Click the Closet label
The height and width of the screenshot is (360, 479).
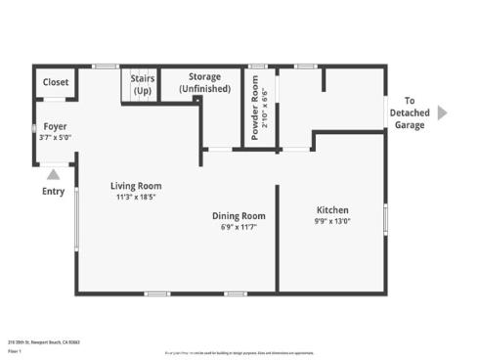(x=56, y=83)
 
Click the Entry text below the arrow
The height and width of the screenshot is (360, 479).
(x=53, y=192)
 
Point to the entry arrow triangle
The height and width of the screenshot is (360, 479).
(x=53, y=174)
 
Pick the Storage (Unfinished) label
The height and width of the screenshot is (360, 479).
(x=204, y=83)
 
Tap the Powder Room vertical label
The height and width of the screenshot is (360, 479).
(x=256, y=109)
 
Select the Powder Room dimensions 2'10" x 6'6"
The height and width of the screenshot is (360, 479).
(x=266, y=109)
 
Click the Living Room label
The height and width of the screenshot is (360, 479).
(x=136, y=186)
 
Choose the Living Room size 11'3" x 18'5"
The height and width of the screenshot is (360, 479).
(x=136, y=197)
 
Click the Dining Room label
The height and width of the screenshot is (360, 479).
(x=239, y=216)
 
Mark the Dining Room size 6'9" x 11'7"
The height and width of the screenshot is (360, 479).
(x=239, y=228)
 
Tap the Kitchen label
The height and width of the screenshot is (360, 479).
(x=332, y=210)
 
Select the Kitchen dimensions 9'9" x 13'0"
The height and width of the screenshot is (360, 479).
(x=332, y=222)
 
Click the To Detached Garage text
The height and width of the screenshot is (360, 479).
(x=411, y=112)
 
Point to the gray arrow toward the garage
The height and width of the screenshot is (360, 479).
(x=443, y=112)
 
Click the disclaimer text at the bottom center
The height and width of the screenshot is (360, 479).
(x=239, y=352)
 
